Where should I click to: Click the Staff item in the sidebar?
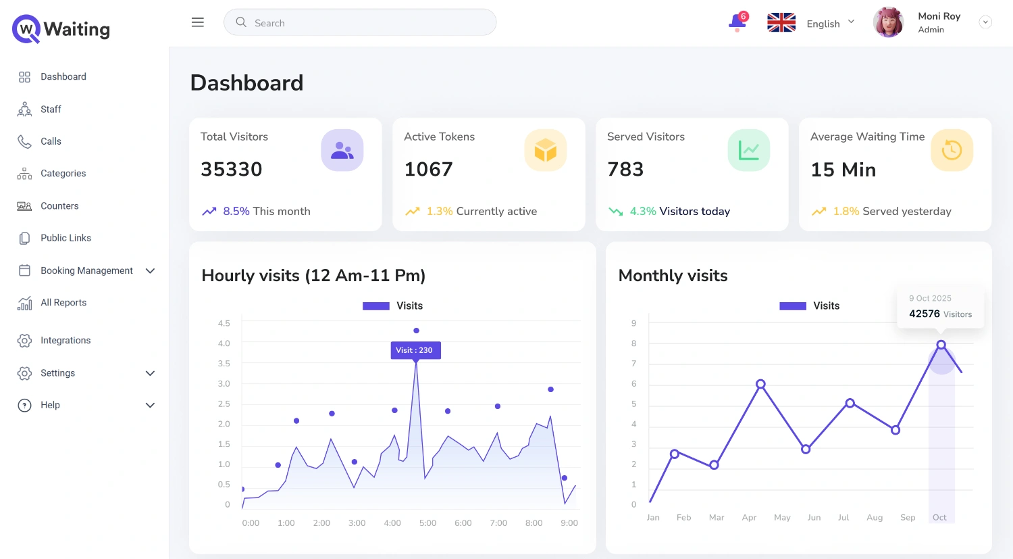(x=51, y=110)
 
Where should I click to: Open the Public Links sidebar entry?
(x=66, y=238)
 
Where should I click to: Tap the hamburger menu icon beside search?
(x=197, y=22)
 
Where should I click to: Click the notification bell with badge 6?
(x=737, y=22)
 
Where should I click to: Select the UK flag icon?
(x=781, y=23)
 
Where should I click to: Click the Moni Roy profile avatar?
(x=888, y=22)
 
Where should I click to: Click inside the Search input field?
(x=365, y=23)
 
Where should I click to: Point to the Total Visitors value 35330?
(x=231, y=169)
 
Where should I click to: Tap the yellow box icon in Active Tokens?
(x=545, y=150)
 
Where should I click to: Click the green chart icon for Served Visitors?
(x=748, y=150)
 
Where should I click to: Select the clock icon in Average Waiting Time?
(x=952, y=150)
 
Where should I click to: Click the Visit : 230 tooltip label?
(x=415, y=350)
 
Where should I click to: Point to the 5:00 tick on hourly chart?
(x=427, y=523)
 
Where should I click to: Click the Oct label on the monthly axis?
(x=939, y=518)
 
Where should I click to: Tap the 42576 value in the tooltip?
(x=925, y=314)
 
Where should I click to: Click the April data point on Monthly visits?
(x=760, y=384)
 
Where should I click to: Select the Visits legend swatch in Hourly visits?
(x=376, y=306)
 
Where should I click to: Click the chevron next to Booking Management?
(x=150, y=271)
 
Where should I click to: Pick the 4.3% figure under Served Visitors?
(x=643, y=212)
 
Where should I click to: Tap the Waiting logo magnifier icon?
(x=26, y=29)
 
